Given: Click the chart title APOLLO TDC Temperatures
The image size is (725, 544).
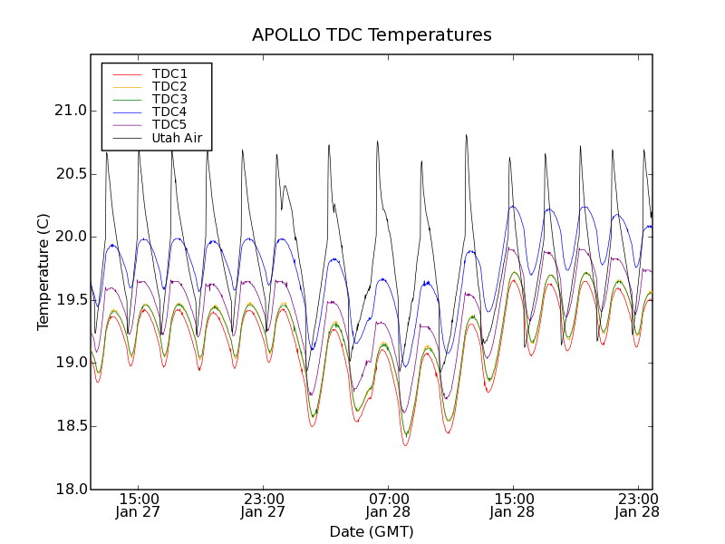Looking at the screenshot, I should [x=372, y=35].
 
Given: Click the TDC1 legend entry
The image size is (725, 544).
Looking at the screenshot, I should [x=169, y=73].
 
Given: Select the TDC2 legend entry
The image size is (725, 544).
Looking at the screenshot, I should [x=169, y=86].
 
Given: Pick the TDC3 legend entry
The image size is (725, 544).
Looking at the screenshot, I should [x=169, y=99].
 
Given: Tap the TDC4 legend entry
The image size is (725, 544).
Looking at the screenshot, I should [x=169, y=112].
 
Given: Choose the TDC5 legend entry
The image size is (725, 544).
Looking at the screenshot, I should [x=169, y=125].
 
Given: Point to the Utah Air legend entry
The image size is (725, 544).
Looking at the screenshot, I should [x=177, y=139].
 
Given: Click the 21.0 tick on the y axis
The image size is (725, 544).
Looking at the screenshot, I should [x=70, y=111].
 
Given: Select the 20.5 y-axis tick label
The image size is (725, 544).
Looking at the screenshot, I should [x=70, y=174].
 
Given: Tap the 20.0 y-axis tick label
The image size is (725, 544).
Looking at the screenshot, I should [x=70, y=237].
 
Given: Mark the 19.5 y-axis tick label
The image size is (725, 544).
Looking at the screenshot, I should [x=70, y=300].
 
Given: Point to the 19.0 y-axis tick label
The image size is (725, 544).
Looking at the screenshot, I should [x=70, y=363].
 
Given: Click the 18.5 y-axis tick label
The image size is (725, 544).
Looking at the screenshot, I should [x=70, y=426].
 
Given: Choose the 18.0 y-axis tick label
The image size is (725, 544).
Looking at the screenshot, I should [x=70, y=490].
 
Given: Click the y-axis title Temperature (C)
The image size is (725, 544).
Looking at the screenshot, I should [x=43, y=271].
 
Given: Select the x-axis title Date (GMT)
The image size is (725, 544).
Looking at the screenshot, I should [x=372, y=532].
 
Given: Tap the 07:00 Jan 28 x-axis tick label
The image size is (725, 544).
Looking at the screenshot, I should [x=389, y=505].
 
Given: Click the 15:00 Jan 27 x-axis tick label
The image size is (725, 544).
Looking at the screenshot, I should [x=140, y=505].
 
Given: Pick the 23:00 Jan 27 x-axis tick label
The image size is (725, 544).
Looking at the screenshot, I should [x=264, y=505].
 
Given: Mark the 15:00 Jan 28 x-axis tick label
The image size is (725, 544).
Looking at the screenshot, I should [x=513, y=505].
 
